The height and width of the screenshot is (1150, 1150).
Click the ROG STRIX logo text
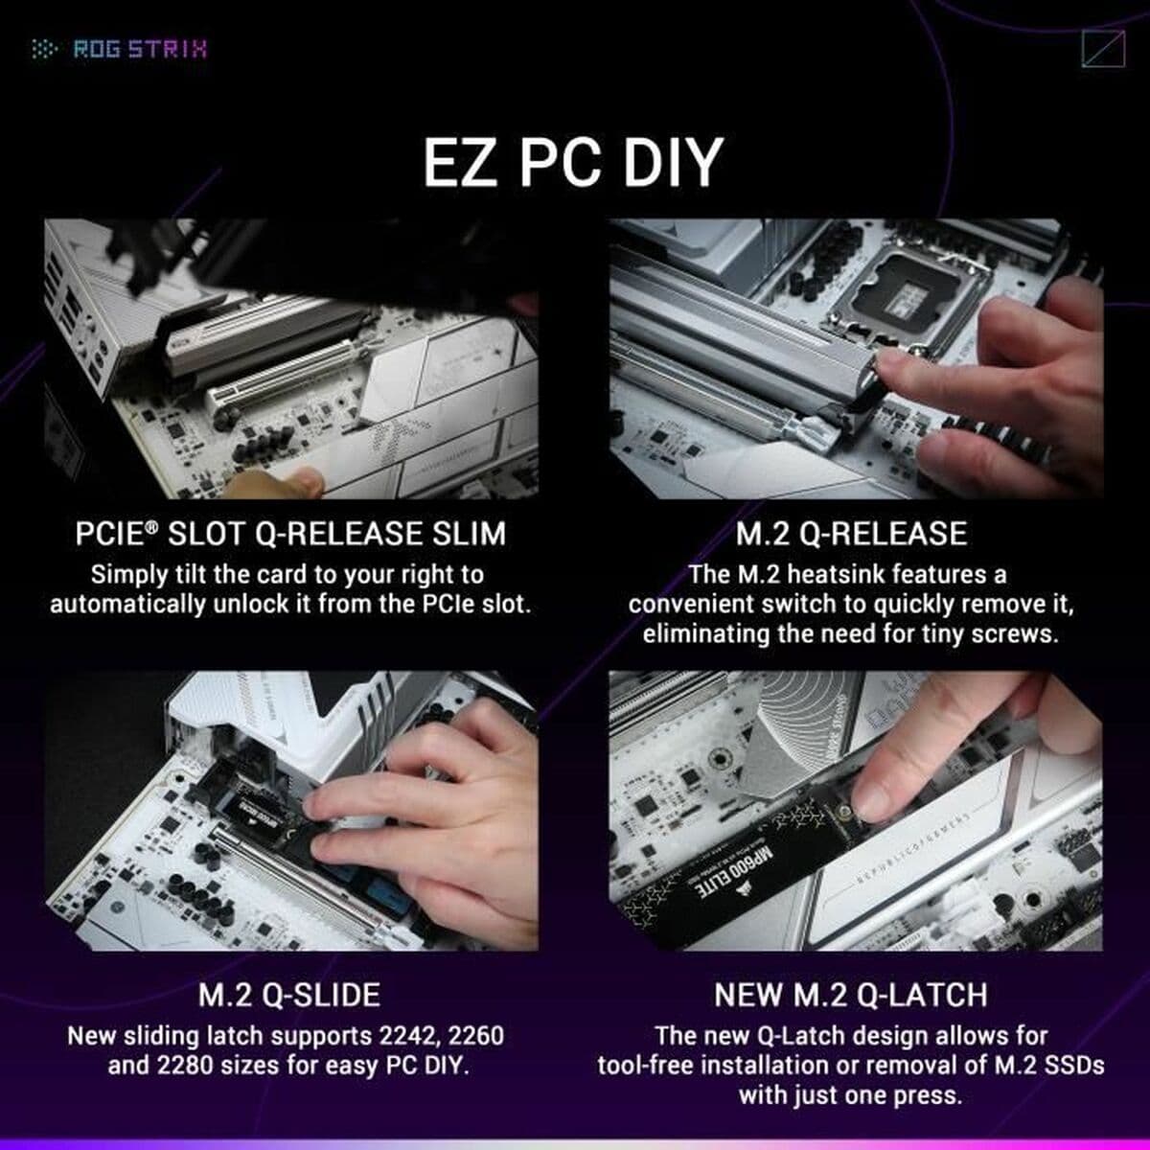click(x=140, y=49)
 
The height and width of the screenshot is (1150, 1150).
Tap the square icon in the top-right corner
click(x=1101, y=49)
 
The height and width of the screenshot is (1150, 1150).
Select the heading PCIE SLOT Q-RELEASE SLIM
click(x=290, y=533)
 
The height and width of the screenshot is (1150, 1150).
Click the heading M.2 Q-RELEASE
click(x=852, y=533)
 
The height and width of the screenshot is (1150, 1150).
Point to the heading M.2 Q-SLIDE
click(x=288, y=994)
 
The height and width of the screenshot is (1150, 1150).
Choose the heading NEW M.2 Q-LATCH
click(x=851, y=994)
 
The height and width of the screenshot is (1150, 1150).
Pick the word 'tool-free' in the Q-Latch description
click(x=646, y=1066)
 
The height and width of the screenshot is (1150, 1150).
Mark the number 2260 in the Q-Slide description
click(x=471, y=1036)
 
